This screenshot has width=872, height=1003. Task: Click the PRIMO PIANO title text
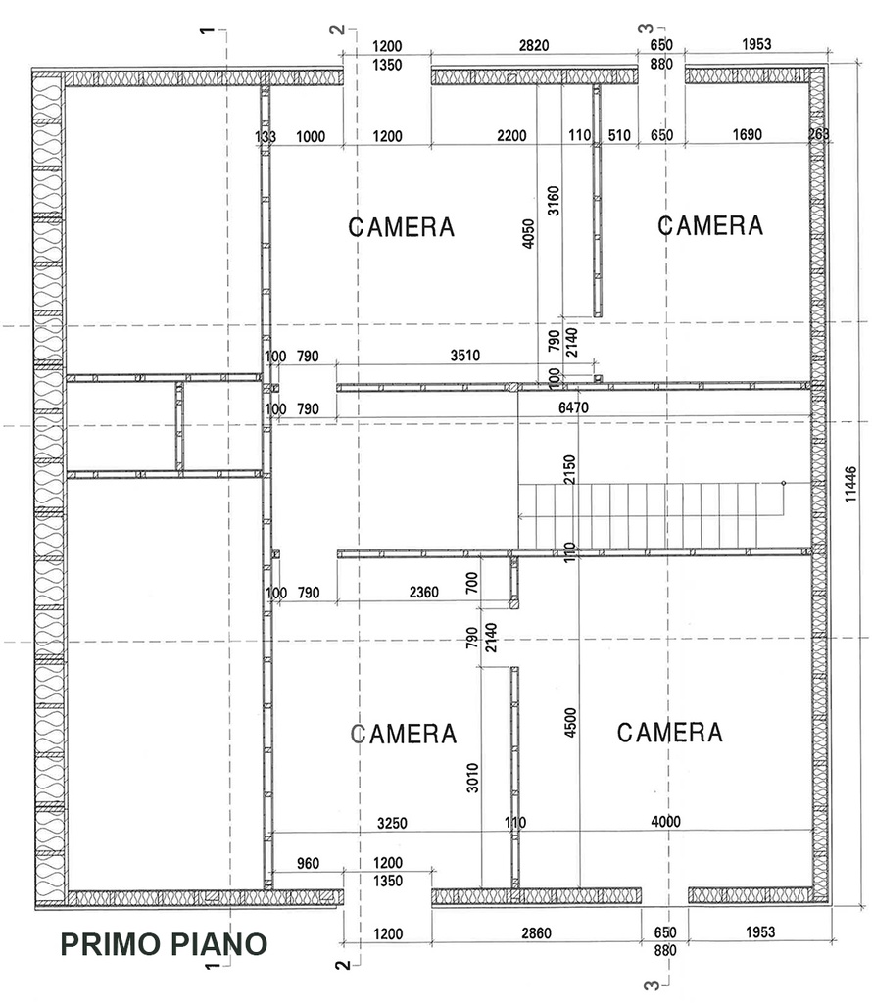point(164,944)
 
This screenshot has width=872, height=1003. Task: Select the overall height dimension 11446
point(850,484)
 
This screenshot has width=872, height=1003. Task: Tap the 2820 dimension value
point(534,45)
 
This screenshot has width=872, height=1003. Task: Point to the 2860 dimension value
point(536,933)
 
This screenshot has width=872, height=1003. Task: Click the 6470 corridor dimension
point(573,407)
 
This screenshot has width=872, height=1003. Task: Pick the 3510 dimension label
point(465,356)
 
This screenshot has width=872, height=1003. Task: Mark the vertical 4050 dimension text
point(528,233)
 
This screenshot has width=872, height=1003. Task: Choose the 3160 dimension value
point(554,200)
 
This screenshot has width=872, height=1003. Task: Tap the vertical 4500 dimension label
point(570,722)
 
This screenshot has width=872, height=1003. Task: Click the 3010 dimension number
point(472,778)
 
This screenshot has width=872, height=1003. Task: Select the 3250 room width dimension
point(392,823)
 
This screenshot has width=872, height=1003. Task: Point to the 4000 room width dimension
point(665,822)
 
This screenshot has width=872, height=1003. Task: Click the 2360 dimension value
point(423,593)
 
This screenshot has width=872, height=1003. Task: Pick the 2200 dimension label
point(511,135)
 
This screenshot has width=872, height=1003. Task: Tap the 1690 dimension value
point(747,134)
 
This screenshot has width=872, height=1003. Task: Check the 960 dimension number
point(308,864)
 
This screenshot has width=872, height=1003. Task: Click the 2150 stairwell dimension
point(569,469)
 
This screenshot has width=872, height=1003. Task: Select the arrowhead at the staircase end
point(522,515)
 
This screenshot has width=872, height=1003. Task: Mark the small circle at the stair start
point(784,483)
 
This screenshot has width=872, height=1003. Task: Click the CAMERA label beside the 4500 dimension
point(670,733)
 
